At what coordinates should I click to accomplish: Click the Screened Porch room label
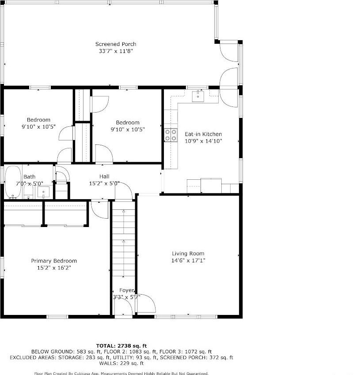click(116, 44)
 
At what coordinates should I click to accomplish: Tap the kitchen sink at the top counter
click(198, 96)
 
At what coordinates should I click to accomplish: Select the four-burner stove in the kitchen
click(171, 135)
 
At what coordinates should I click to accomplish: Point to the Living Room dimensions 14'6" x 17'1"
click(188, 261)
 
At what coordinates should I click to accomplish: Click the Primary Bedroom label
click(54, 261)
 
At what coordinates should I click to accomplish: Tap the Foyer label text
click(127, 290)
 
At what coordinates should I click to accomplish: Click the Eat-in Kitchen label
click(203, 134)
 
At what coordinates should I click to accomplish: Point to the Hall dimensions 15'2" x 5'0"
click(104, 183)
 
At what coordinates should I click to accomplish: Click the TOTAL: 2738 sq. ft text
click(121, 345)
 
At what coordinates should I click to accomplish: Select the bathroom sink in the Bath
click(43, 191)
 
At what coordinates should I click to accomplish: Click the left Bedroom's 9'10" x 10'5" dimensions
click(38, 127)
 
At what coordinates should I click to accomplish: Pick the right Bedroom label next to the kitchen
click(128, 122)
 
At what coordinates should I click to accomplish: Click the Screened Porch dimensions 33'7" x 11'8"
click(116, 51)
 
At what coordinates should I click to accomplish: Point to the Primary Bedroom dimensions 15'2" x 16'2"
click(54, 268)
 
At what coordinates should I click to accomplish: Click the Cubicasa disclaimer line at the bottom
click(121, 373)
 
